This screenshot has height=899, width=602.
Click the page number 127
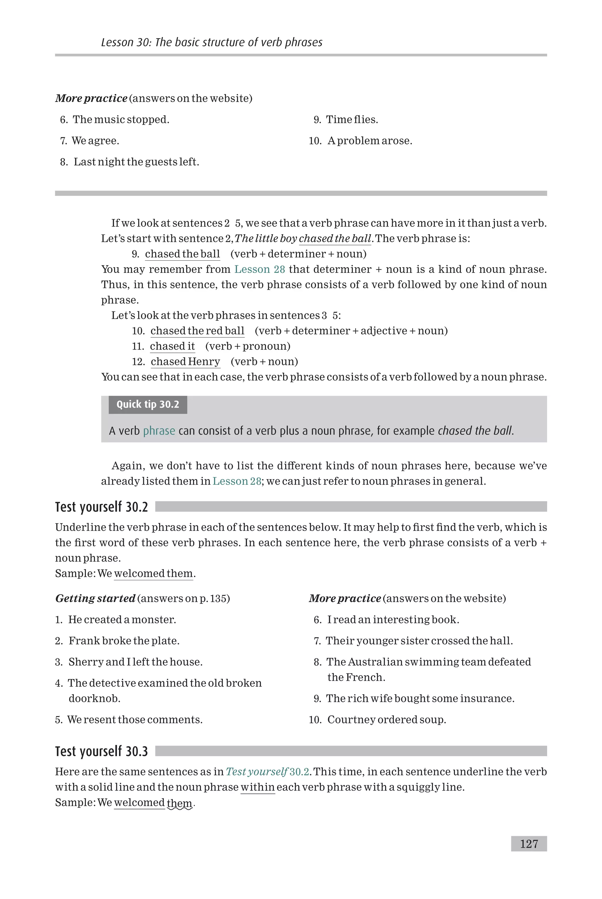tap(529, 844)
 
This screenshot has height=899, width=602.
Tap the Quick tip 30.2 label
tap(148, 404)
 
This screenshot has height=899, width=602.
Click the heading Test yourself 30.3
tap(101, 751)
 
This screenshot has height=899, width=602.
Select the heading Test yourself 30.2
tap(101, 507)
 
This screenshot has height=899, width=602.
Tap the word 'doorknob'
tap(94, 698)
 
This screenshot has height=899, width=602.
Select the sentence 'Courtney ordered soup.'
tap(386, 719)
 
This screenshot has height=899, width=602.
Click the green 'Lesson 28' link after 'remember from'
tap(260, 269)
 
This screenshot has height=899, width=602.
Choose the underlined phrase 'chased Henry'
tap(185, 361)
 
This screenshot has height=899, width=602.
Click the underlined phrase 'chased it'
tap(172, 346)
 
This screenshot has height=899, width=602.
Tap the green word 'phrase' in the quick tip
tap(159, 431)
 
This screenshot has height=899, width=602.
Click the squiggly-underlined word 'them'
tap(179, 803)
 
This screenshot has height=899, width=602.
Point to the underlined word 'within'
tap(257, 787)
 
